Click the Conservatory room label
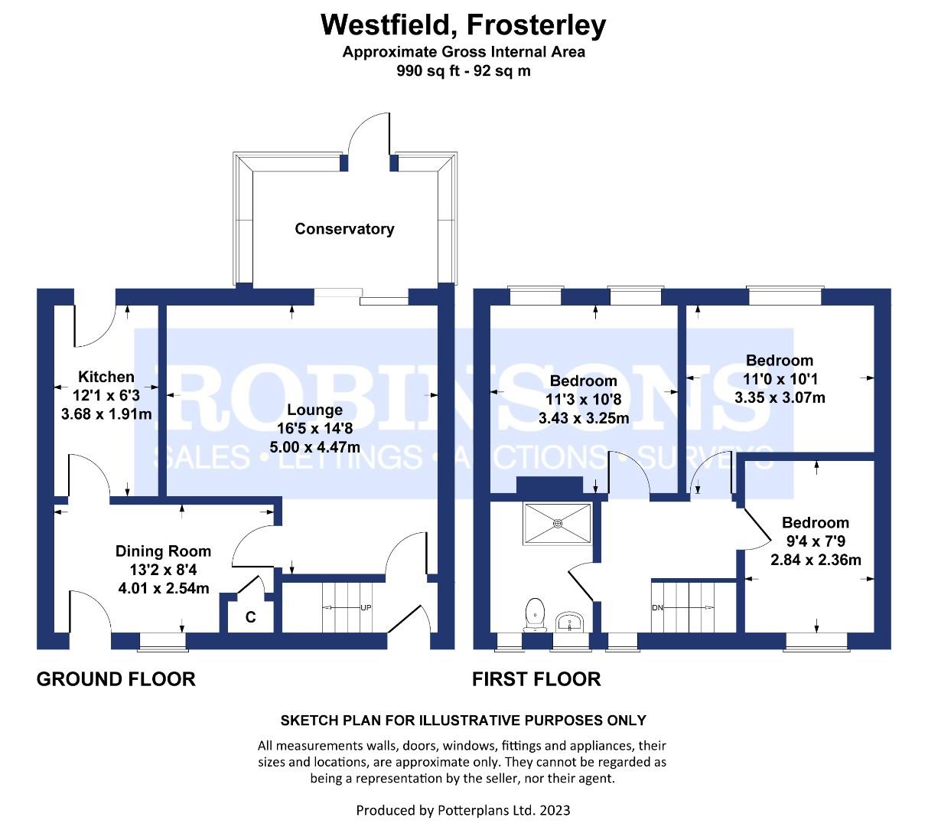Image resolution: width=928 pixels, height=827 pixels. point(344,229)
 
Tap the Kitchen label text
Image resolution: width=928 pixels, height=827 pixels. point(106,377)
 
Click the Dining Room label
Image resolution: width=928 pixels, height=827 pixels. point(163,551)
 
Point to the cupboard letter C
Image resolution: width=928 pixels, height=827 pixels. point(250,617)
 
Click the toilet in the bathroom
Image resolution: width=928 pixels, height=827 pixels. point(536,613)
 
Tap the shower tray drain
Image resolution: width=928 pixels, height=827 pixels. point(558,524)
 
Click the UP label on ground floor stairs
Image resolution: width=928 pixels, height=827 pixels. point(366,608)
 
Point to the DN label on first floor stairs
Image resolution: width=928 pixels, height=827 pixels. point(657,608)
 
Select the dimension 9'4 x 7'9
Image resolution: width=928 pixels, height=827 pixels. point(816,541)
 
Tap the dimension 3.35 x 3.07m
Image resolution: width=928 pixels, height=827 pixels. point(780,397)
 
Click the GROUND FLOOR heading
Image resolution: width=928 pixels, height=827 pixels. point(116,679)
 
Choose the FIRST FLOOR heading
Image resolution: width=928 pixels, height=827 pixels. point(536,679)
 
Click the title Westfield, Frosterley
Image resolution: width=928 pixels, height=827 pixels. point(464,25)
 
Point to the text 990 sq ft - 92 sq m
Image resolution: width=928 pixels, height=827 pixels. point(464,71)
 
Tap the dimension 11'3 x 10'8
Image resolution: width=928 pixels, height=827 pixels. point(584,400)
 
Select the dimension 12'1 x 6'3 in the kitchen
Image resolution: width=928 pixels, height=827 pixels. point(106,396)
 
